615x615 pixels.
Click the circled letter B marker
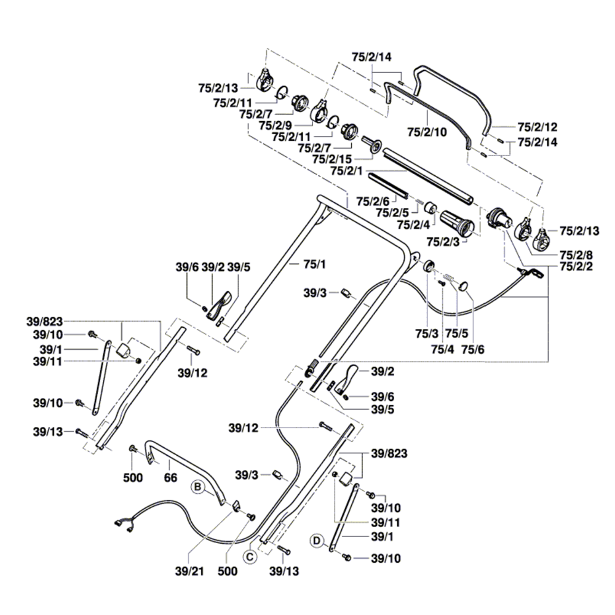click(197, 487)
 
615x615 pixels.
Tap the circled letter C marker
click(249, 557)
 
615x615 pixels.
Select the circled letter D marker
click(317, 541)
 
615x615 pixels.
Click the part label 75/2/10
click(427, 132)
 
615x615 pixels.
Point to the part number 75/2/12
click(537, 127)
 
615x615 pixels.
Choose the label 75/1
click(314, 264)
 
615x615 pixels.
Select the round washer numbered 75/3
click(428, 266)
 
